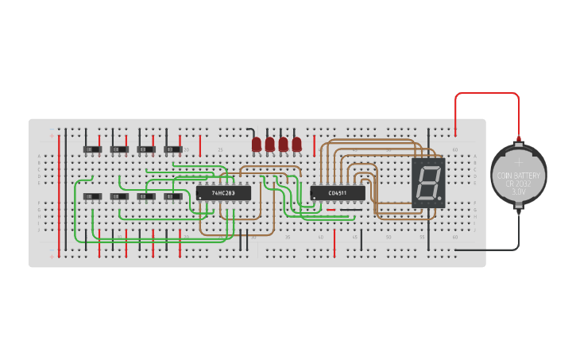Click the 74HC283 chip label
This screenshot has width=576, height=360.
tap(223, 193)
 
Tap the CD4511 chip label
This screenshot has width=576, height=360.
tap(337, 192)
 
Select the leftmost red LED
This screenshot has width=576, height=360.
tap(257, 144)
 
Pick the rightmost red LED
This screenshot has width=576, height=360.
tap(297, 144)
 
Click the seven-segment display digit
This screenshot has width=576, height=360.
tap(427, 183)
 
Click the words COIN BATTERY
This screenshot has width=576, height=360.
tap(519, 175)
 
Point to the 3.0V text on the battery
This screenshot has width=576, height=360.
tap(519, 192)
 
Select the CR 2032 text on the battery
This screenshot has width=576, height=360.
tap(519, 184)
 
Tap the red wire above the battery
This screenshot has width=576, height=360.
tap(486, 94)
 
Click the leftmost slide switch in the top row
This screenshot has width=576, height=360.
tap(93, 149)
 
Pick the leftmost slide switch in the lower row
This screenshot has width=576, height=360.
tap(93, 196)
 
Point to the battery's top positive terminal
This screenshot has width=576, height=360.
tap(519, 141)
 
